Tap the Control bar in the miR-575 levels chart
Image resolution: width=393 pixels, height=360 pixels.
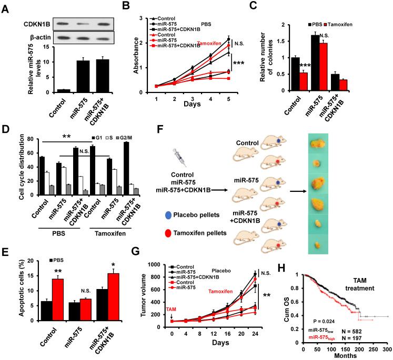(48, 91)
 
